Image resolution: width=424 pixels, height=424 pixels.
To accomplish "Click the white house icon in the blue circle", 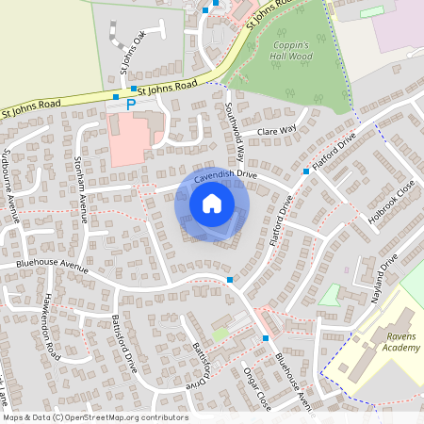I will [211, 204].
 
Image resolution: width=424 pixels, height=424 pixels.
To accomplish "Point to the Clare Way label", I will [276, 129].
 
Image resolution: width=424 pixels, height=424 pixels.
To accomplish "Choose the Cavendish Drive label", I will [225, 175].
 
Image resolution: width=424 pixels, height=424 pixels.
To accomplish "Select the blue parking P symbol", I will [131, 104].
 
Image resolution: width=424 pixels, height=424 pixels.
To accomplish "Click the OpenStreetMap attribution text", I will [95, 417].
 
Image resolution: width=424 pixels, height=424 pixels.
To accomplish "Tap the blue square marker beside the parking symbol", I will [116, 97].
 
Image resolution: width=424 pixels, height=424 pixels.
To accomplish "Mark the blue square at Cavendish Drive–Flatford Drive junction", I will [306, 172].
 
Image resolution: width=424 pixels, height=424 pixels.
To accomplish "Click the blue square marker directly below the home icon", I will [230, 280].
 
